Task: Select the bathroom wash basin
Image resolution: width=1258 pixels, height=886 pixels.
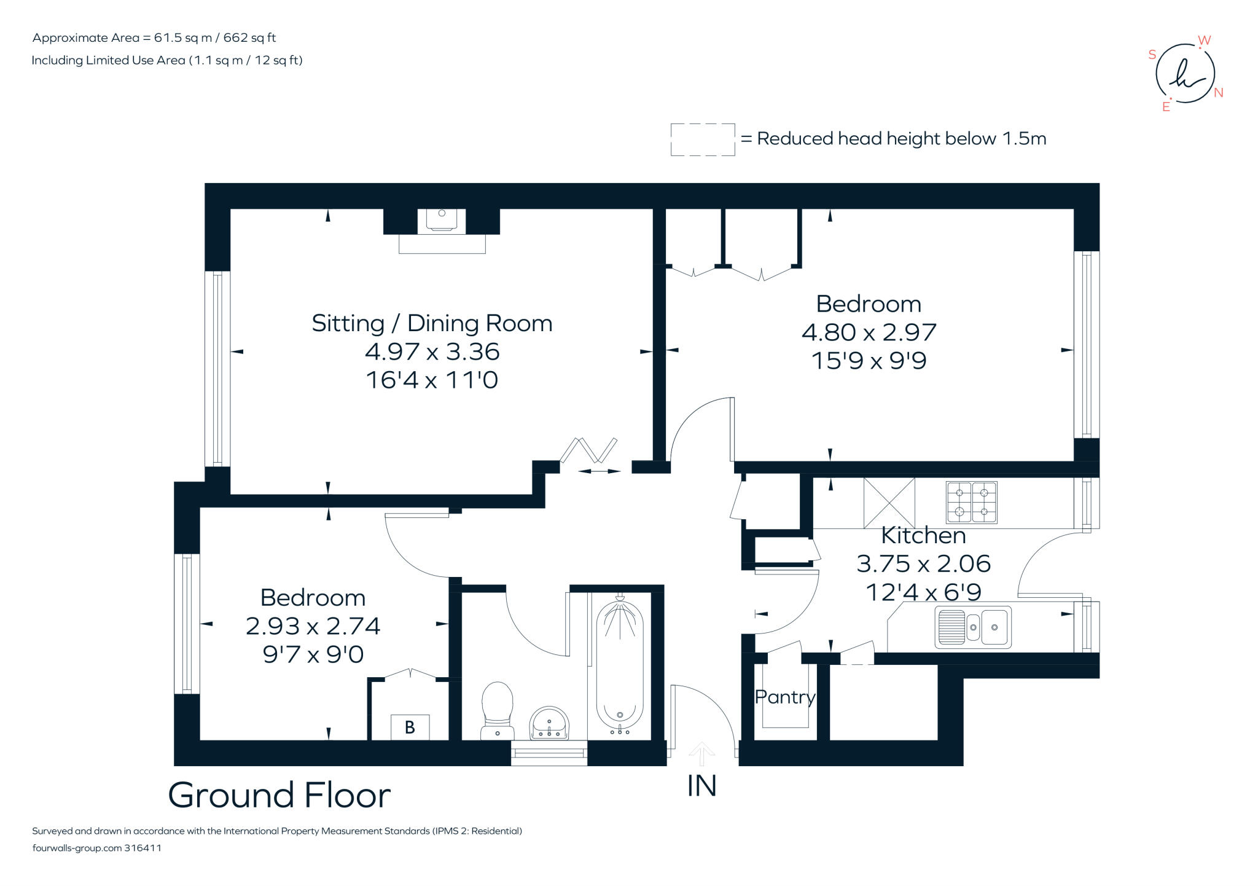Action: (549, 723)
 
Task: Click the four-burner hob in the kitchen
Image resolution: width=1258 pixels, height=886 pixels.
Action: (971, 502)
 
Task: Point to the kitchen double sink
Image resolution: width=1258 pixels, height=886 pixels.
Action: (972, 627)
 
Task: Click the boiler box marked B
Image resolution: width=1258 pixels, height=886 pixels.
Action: (410, 727)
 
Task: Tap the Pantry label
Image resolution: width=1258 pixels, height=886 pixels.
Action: (784, 697)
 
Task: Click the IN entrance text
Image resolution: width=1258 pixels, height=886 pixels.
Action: (701, 786)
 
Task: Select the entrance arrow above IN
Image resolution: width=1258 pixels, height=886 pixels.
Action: (701, 753)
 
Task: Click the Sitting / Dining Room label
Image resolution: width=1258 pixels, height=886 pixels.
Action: (432, 323)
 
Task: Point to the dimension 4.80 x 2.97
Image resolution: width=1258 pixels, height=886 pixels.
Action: (869, 332)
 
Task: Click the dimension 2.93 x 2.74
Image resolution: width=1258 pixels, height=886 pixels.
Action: (313, 626)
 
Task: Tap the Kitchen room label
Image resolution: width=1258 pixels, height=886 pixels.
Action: (923, 535)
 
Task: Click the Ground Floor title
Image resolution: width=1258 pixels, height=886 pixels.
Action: (279, 795)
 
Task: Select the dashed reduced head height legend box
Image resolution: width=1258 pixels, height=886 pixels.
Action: (703, 139)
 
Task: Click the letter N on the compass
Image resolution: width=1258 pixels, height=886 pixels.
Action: (1219, 93)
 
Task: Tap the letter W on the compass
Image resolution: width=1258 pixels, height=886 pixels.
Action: (1204, 41)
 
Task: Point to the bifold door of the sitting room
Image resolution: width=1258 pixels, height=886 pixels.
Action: (588, 451)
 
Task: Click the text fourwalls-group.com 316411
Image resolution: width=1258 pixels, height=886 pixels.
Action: (96, 848)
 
